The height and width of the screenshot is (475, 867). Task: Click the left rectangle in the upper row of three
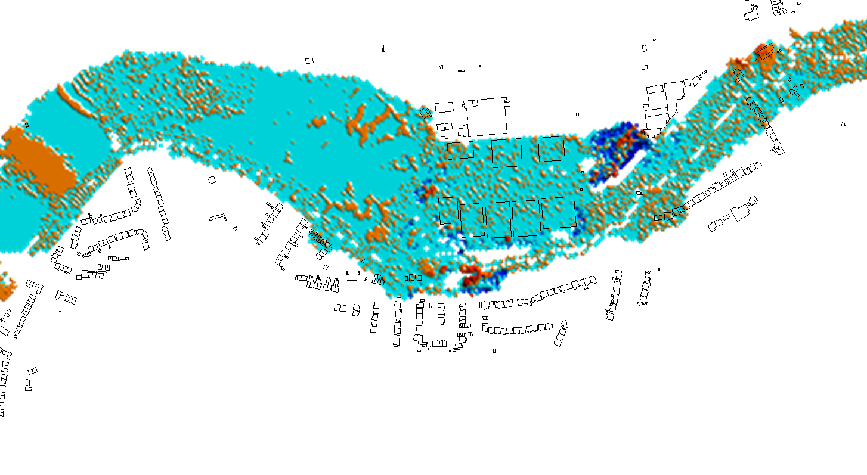click(460, 150)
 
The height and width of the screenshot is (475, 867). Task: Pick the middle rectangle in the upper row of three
click(506, 153)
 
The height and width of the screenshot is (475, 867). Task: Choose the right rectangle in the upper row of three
click(551, 149)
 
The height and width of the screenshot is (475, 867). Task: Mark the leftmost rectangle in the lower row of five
click(448, 210)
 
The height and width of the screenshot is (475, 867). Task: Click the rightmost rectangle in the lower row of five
click(559, 212)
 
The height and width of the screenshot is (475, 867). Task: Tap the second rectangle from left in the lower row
click(472, 220)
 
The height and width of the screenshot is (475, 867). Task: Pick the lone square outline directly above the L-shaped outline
click(211, 179)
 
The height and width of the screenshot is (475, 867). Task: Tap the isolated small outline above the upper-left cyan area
click(309, 60)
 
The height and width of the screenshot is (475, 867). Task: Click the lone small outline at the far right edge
click(843, 124)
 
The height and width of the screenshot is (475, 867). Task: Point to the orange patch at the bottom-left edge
click(6, 288)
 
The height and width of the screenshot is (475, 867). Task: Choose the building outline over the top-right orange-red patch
click(766, 52)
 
